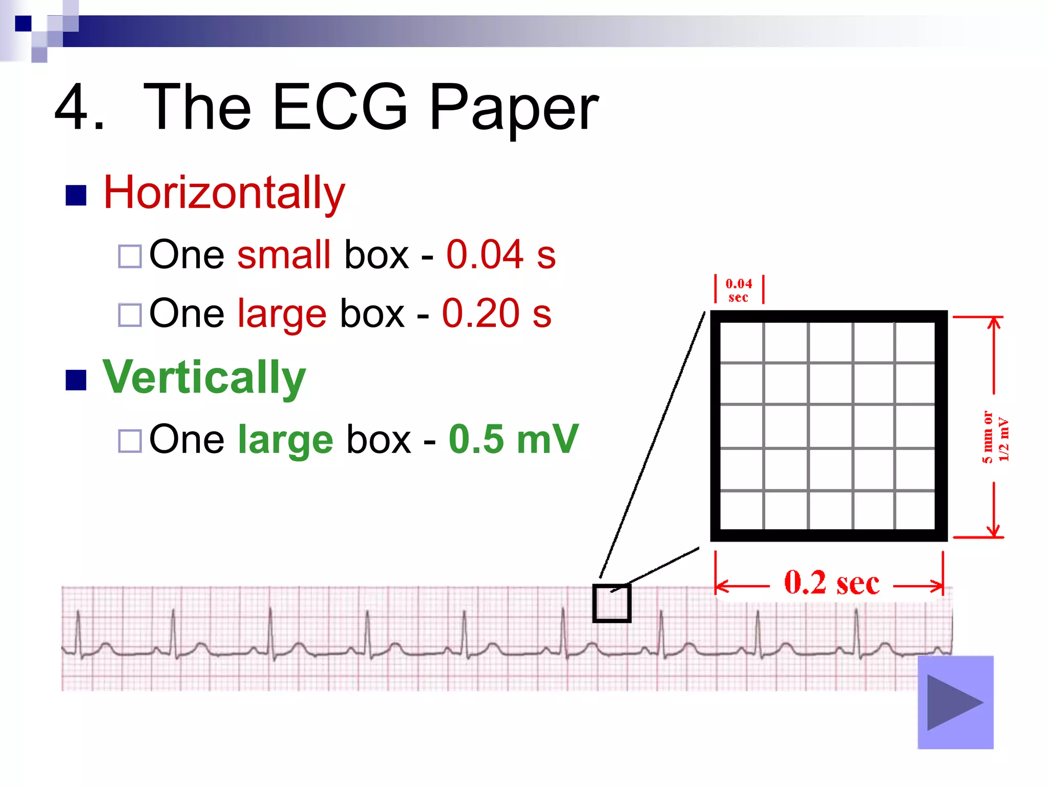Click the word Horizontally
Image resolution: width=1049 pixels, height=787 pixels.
pyautogui.click(x=224, y=193)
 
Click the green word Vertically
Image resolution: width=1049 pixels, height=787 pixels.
pyautogui.click(x=204, y=378)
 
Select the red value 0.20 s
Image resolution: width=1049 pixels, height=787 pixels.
pyautogui.click(x=496, y=313)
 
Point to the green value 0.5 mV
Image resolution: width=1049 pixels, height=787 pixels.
pyautogui.click(x=513, y=439)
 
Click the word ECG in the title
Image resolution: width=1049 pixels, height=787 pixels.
pyautogui.click(x=340, y=108)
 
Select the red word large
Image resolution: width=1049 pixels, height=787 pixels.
pyautogui.click(x=282, y=314)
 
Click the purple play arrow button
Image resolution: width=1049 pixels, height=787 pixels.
pyautogui.click(x=955, y=702)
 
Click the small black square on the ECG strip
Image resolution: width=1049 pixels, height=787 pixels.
pyautogui.click(x=612, y=603)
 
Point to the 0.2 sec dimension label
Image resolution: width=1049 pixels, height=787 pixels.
pyautogui.click(x=831, y=583)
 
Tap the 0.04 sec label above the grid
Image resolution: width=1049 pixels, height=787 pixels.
pyautogui.click(x=739, y=290)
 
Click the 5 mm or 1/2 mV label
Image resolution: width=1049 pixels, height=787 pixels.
pyautogui.click(x=995, y=437)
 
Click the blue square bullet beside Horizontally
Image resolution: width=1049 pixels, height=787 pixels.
pyautogui.click(x=76, y=195)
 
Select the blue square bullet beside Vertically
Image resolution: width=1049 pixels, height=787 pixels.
pyautogui.click(x=76, y=380)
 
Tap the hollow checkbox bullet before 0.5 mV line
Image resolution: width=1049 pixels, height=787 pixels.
pyautogui.click(x=130, y=441)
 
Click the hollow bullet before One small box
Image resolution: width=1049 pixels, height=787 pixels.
pyautogui.click(x=130, y=256)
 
